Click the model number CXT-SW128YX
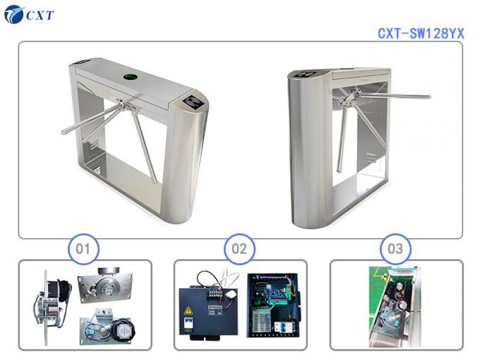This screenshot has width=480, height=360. click(x=421, y=32)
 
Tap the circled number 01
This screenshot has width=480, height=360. click(x=84, y=248)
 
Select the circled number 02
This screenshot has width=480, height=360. click(x=239, y=248)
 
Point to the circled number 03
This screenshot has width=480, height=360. click(x=395, y=248)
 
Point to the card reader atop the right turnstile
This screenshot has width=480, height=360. click(x=306, y=73)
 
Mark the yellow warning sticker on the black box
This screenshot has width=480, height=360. click(x=188, y=312)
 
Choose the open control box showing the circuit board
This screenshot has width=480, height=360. click(x=274, y=304)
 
